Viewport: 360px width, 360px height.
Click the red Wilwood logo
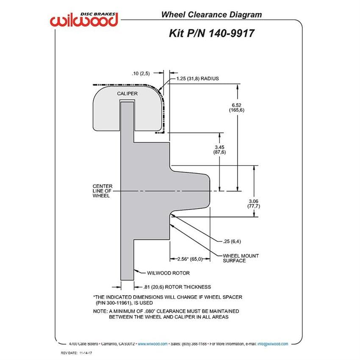[x=84, y=19]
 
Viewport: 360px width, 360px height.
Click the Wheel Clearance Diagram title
[x=211, y=15]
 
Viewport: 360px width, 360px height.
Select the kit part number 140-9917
[x=231, y=33]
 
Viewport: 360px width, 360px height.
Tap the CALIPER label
[x=127, y=94]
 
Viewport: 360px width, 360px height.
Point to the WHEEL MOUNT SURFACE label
[x=241, y=258]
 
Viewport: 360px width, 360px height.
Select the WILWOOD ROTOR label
[x=168, y=273]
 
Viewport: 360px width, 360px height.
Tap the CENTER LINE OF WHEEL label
[x=102, y=191]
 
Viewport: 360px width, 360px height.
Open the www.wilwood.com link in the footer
[x=152, y=344]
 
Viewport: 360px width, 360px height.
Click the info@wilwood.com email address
[x=272, y=344]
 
